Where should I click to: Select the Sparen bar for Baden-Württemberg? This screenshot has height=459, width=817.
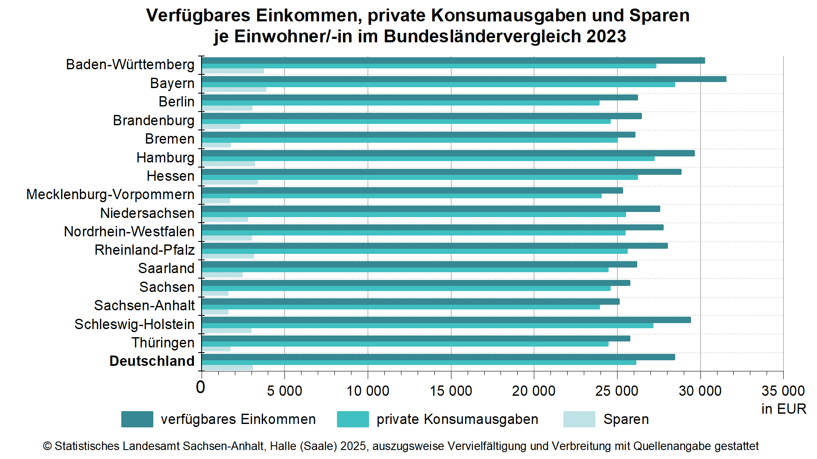(x=233, y=71)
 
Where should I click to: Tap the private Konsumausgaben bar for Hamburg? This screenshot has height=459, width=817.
(x=428, y=159)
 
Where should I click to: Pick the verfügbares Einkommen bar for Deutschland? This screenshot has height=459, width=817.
(x=438, y=357)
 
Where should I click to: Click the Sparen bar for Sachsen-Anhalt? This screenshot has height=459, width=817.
(x=215, y=312)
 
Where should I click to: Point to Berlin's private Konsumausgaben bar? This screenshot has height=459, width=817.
(x=401, y=103)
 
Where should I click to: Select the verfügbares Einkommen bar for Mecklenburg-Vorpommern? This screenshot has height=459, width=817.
(x=412, y=190)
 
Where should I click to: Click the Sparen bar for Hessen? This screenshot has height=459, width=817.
(x=230, y=182)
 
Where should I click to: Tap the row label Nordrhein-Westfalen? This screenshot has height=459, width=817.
(x=129, y=232)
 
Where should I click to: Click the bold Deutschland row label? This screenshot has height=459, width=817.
(x=152, y=361)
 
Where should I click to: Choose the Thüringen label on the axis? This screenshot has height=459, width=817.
(x=163, y=343)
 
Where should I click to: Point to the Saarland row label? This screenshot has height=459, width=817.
(x=166, y=268)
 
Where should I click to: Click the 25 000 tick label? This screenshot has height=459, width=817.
(x=617, y=391)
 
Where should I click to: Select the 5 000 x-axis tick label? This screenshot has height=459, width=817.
(x=284, y=391)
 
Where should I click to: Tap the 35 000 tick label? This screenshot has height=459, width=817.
(x=783, y=391)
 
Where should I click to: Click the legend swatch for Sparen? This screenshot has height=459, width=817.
(x=579, y=419)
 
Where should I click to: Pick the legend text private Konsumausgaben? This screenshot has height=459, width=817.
(x=457, y=419)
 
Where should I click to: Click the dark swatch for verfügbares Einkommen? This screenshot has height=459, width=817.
(x=137, y=419)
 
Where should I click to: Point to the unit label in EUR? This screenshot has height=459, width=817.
(x=783, y=409)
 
